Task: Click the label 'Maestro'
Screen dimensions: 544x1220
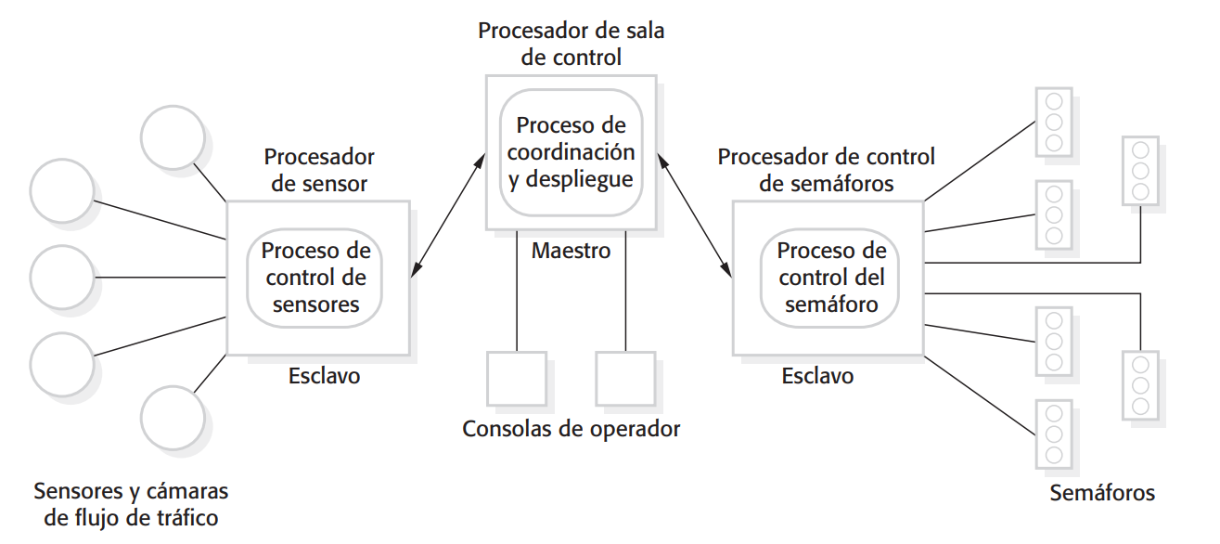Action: click(x=571, y=251)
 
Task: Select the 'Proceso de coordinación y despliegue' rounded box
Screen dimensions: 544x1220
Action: click(x=571, y=152)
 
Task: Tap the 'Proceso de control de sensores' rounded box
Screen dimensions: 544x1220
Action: click(x=315, y=277)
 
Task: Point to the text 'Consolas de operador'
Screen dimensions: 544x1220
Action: click(x=571, y=429)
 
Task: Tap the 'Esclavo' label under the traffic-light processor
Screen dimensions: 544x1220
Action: click(x=817, y=376)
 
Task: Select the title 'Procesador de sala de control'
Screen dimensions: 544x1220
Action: click(x=571, y=44)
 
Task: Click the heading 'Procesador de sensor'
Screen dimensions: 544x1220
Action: click(x=319, y=170)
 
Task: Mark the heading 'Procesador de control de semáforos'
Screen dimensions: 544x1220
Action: click(x=826, y=170)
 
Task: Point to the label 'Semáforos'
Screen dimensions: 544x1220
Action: click(x=1102, y=492)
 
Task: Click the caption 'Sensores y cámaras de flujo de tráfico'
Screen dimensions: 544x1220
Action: click(x=131, y=504)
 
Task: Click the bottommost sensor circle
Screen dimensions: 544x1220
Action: click(x=173, y=417)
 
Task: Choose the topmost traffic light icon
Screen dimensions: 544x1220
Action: click(x=1053, y=122)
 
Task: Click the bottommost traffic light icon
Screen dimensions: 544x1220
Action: click(x=1053, y=433)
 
